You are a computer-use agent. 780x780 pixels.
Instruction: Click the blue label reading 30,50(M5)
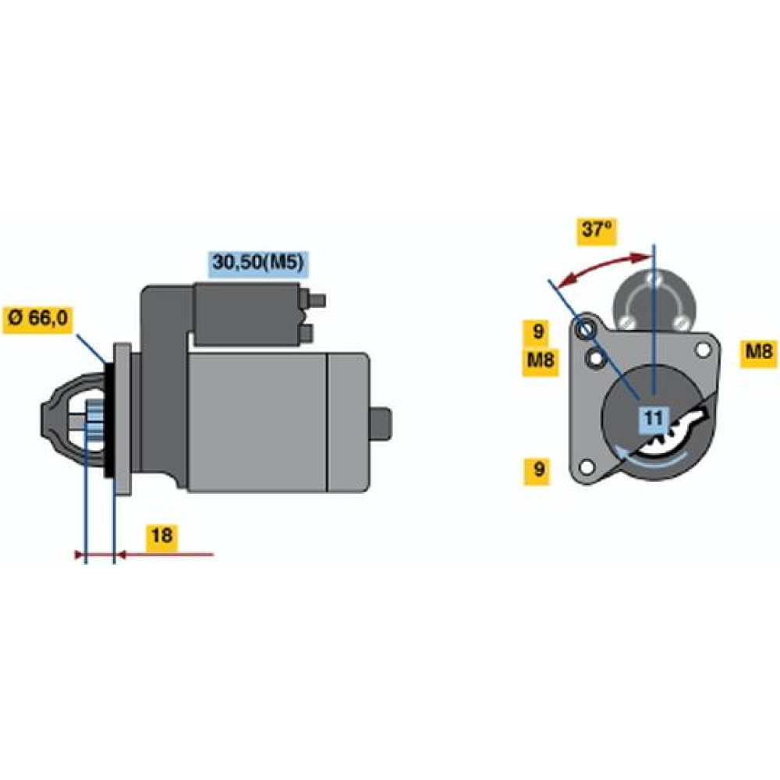tap(257, 263)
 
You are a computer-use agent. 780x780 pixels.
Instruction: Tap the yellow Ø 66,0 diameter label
tap(37, 318)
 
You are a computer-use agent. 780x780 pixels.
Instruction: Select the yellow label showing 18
tap(161, 537)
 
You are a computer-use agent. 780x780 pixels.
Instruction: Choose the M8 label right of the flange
tap(759, 353)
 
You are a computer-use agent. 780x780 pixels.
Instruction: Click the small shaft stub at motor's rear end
tap(381, 424)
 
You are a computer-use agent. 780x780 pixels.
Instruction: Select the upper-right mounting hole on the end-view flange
tap(703, 349)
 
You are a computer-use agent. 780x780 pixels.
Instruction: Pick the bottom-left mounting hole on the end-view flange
tap(587, 467)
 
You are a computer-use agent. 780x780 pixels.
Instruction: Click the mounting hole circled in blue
tap(584, 329)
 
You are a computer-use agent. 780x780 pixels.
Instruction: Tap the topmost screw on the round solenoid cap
tap(654, 278)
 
